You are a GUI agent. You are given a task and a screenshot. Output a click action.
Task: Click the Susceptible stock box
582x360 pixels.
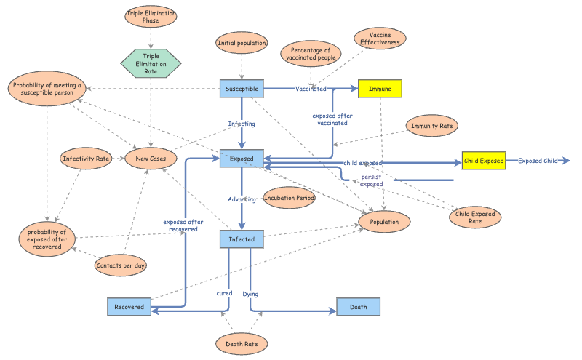tap(242, 89)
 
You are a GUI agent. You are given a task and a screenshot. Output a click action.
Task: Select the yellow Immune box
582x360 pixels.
tap(380, 89)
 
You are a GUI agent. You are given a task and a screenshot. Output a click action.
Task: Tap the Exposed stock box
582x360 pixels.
tap(242, 158)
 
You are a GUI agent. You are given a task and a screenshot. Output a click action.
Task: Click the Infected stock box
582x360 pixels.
tap(242, 239)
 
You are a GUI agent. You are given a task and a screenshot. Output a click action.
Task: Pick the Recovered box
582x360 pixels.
tap(129, 307)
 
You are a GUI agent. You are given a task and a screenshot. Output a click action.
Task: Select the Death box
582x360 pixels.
tap(358, 307)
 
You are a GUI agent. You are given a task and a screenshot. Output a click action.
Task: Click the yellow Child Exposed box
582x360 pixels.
tap(484, 161)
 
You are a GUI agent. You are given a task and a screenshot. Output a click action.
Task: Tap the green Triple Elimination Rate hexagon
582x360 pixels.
tap(151, 63)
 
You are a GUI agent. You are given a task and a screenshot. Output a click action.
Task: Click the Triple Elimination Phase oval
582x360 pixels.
tap(151, 17)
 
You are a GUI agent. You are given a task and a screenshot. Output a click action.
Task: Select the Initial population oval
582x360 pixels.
tap(242, 43)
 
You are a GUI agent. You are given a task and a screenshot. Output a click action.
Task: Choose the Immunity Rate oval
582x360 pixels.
tap(431, 126)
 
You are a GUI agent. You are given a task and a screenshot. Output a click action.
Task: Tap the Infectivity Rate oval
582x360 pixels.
tap(86, 158)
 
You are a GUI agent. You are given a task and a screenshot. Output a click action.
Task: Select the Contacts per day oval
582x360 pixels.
tap(121, 265)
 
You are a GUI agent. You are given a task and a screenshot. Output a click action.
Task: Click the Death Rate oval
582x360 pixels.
tap(241, 343)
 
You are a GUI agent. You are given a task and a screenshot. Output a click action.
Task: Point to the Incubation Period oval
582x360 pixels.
tap(289, 198)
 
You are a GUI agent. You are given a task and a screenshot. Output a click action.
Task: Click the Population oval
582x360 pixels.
tap(384, 221)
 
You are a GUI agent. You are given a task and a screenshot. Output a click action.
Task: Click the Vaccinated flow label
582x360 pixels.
tap(311, 89)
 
